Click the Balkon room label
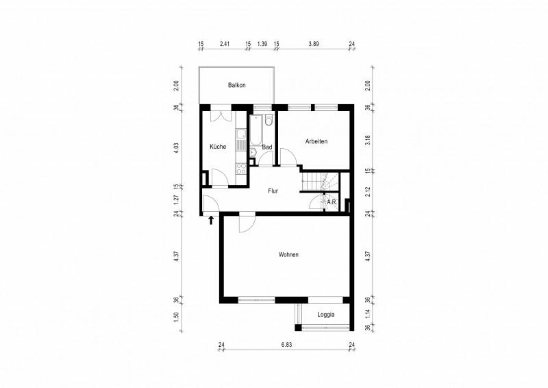(x=237, y=85)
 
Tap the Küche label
(x=218, y=147)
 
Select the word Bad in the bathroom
(x=267, y=147)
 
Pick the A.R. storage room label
(x=332, y=202)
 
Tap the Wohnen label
(x=288, y=254)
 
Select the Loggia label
(x=326, y=315)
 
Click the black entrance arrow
(x=211, y=220)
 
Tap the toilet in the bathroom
(x=269, y=121)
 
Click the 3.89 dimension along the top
(x=314, y=44)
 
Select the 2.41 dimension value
(x=224, y=44)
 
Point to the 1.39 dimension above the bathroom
(x=262, y=44)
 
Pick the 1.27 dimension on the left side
(x=176, y=199)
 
